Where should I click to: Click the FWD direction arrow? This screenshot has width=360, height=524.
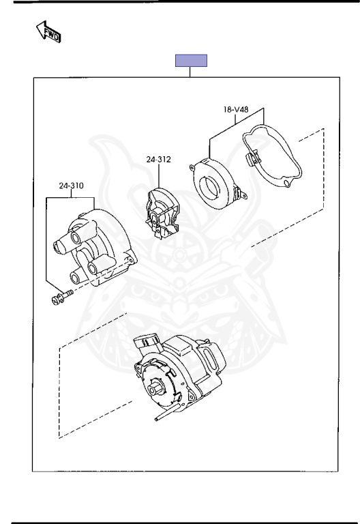(x=48, y=32)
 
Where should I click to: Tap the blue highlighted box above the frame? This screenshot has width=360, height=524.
(x=192, y=61)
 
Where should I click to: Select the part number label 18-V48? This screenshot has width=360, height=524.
(x=236, y=109)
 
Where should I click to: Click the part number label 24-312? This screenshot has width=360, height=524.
(x=158, y=160)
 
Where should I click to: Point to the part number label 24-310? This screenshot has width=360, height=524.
(x=71, y=186)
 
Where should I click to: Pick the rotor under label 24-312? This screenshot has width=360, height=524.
(x=162, y=213)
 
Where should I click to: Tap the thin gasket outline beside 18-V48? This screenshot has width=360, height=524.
(x=271, y=155)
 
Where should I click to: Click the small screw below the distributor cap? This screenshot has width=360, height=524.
(x=62, y=297)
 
